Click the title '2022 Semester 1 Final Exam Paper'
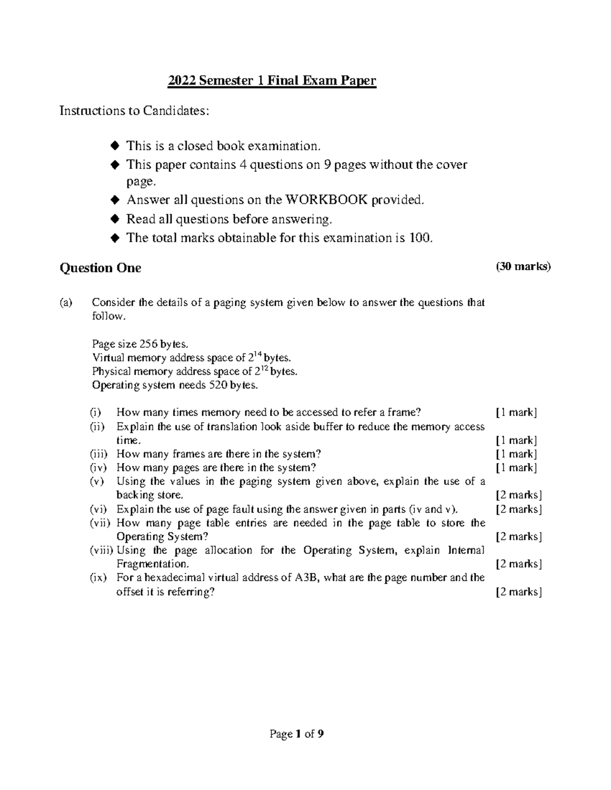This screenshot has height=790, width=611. [x=272, y=81]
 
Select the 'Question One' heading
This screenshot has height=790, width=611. [x=100, y=268]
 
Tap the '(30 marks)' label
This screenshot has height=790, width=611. [x=523, y=267]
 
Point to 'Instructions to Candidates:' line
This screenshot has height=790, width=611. [x=134, y=111]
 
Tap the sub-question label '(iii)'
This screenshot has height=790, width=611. [x=100, y=454]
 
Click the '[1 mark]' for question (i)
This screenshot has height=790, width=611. [x=516, y=413]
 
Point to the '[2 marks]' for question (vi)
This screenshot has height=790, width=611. [x=518, y=510]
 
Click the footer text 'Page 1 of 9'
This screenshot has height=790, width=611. [x=297, y=734]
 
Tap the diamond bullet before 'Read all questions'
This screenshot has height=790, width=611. [x=116, y=219]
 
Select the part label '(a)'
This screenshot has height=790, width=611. [x=66, y=303]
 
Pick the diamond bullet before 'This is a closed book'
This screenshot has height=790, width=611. [x=116, y=146]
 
